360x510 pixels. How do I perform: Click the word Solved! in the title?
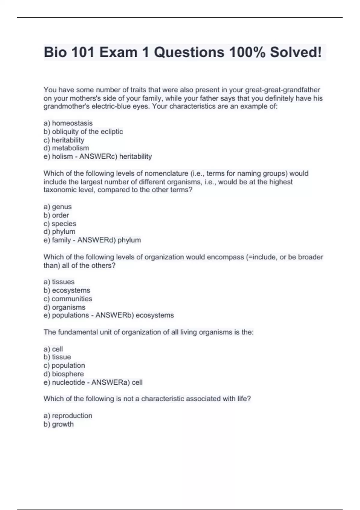pos(295,52)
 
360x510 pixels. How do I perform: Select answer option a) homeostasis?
pos(68,123)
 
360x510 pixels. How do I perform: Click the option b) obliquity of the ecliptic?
pos(83,131)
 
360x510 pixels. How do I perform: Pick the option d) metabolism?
pos(66,148)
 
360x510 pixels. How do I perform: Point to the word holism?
pos(62,156)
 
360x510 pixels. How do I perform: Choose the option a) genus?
pos(58,207)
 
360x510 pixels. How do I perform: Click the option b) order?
pos(56,215)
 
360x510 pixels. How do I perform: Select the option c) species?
pos(60,223)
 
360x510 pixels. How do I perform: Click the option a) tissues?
pos(59,282)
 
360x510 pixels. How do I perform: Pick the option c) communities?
pos(68,298)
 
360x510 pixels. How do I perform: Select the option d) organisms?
pos(64,307)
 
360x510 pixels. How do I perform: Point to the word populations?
pos(70,315)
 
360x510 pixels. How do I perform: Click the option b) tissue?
pos(57,357)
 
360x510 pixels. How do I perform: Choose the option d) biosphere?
pos(64,374)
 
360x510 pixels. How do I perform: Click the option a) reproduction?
pos(68,415)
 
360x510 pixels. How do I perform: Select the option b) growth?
pos(58,424)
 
